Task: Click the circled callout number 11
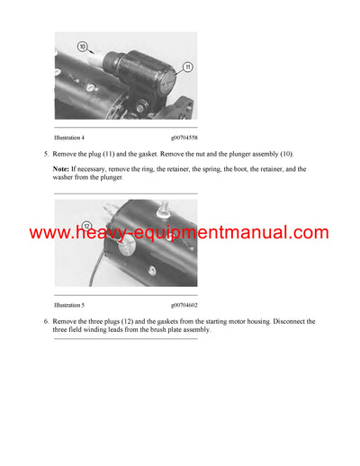(187, 66)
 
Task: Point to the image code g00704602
(184, 306)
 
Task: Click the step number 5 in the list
(46, 155)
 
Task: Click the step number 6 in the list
(46, 321)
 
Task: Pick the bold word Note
(61, 168)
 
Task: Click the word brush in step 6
(171, 330)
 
